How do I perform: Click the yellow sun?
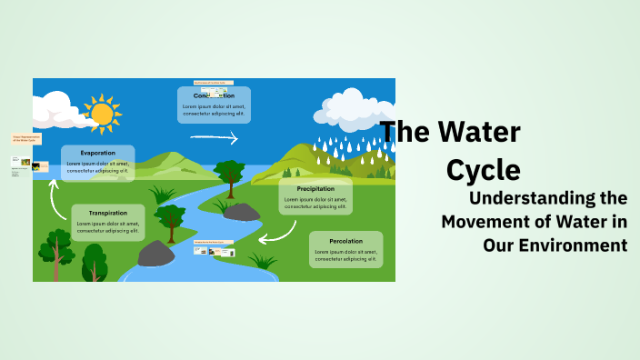pyautogui.click(x=101, y=114)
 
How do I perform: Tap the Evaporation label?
pyautogui.click(x=97, y=154)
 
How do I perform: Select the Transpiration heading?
pyautogui.click(x=107, y=213)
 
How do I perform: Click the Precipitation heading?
pyautogui.click(x=315, y=189)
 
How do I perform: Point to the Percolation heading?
pyautogui.click(x=345, y=240)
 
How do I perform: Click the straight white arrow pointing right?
pyautogui.click(x=214, y=138)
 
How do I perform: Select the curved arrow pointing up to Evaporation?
pyautogui.click(x=55, y=195)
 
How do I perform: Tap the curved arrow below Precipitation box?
pyautogui.click(x=276, y=233)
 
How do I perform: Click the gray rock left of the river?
pyautogui.click(x=155, y=254)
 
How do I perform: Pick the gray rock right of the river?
pyautogui.click(x=241, y=212)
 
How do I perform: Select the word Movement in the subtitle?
pyautogui.click(x=487, y=221)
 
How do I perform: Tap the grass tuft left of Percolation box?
pyautogui.click(x=264, y=261)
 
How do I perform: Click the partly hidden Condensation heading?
pyautogui.click(x=214, y=95)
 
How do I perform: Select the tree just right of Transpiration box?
pyautogui.click(x=169, y=221)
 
